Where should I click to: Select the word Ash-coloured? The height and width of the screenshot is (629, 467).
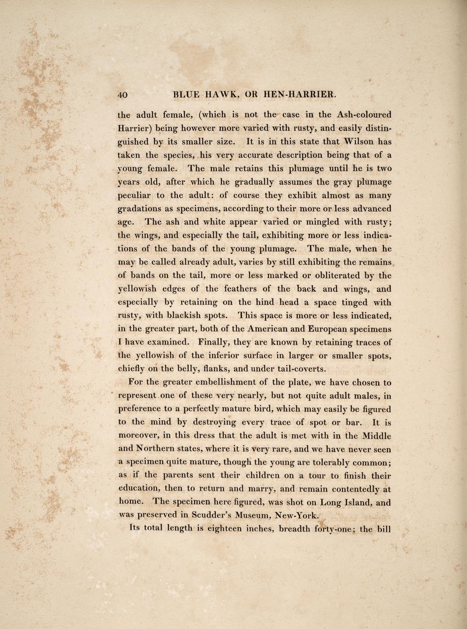(364, 114)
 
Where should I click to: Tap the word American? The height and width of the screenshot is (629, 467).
(272, 329)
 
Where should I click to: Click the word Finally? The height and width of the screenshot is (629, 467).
(216, 342)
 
